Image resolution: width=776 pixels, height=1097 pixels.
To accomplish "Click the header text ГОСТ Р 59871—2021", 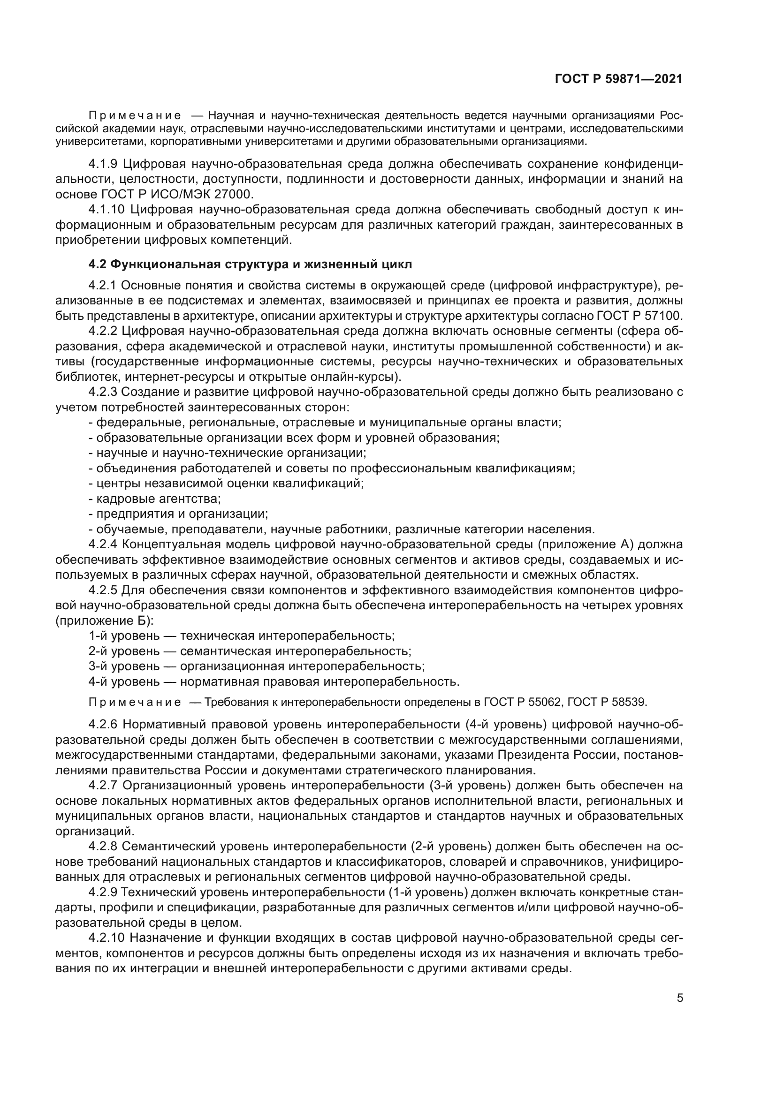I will click(618, 79).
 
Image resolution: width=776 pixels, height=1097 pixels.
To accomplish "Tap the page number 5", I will click(680, 998).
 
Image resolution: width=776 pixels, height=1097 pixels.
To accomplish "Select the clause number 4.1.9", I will click(103, 164).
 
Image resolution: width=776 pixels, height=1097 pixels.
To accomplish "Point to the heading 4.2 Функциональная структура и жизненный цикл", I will click(250, 264).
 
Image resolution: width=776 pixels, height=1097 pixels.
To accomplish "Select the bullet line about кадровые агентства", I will click(155, 499).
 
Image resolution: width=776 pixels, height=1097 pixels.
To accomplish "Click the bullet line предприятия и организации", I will click(179, 514).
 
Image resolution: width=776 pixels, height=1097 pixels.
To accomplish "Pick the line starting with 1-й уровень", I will click(241, 636).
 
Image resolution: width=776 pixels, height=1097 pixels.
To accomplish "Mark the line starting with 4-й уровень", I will click(274, 682).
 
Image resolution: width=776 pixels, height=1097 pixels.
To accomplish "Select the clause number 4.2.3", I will click(103, 392).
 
